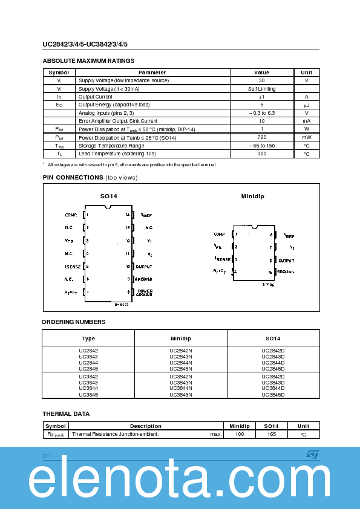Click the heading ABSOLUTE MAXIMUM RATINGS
[88, 60]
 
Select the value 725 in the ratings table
[261, 138]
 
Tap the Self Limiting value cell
[261, 89]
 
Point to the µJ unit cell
[306, 105]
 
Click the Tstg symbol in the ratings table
[59, 146]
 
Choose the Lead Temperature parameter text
[117, 154]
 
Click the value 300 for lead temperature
[261, 154]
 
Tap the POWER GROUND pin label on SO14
[144, 293]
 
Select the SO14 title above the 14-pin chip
[108, 196]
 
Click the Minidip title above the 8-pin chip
[252, 196]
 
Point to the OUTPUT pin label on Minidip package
[286, 260]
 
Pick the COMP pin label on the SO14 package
[71, 215]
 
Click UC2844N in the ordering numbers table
[180, 363]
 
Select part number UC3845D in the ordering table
[273, 395]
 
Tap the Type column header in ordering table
[88, 339]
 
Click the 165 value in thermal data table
[272, 434]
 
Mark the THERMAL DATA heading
[66, 414]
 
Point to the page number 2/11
[47, 454]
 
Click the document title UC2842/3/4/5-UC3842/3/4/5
[85, 44]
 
